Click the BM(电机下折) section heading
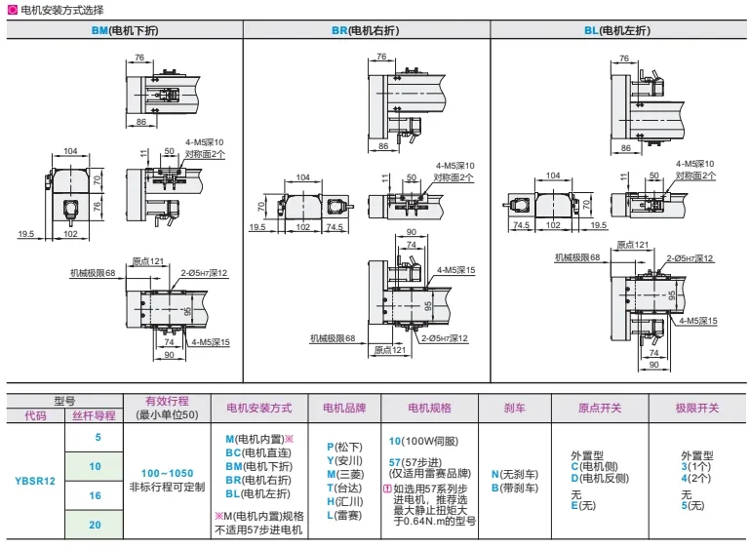pos(124,30)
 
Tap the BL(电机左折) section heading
pos(618,30)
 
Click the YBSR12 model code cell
pos(35,481)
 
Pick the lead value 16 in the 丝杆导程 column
pos(95,495)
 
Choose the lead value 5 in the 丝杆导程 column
pos(95,438)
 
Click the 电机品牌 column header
pos(342,408)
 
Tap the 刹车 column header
pos(516,408)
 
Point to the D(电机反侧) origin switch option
pos(602,478)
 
